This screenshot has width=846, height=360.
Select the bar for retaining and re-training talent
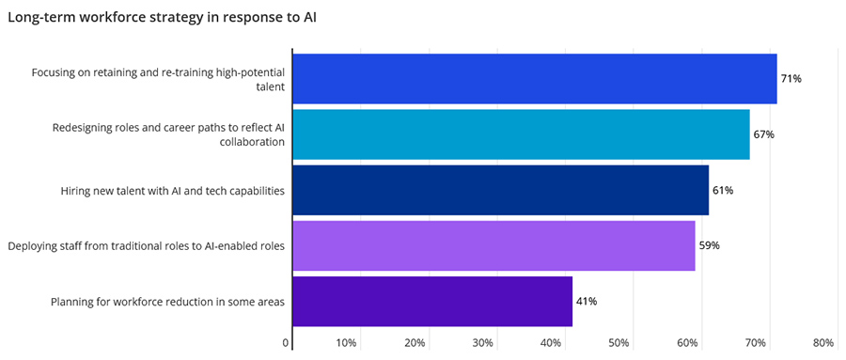click(x=534, y=79)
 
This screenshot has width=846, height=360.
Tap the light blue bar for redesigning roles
click(x=521, y=134)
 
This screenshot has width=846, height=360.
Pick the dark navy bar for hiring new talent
click(x=500, y=190)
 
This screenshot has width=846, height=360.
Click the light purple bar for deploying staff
click(x=493, y=245)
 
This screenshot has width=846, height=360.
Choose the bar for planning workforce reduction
click(x=432, y=301)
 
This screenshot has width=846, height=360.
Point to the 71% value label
click(x=791, y=79)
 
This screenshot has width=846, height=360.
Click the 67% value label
click(x=763, y=134)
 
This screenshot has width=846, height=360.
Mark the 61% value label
click(x=723, y=190)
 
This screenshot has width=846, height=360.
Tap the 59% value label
click(x=709, y=245)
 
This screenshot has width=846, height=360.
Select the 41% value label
click(x=587, y=301)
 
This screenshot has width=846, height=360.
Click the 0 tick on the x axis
click(x=286, y=343)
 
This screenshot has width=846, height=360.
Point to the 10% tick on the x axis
click(x=346, y=343)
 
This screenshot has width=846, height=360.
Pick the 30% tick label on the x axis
click(x=482, y=343)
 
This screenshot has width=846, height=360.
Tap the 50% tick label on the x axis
click(x=619, y=343)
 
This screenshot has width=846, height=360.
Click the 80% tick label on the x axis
click(x=823, y=343)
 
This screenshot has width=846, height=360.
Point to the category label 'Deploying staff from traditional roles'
click(x=146, y=246)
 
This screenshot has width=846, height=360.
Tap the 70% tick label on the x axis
click(x=755, y=343)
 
